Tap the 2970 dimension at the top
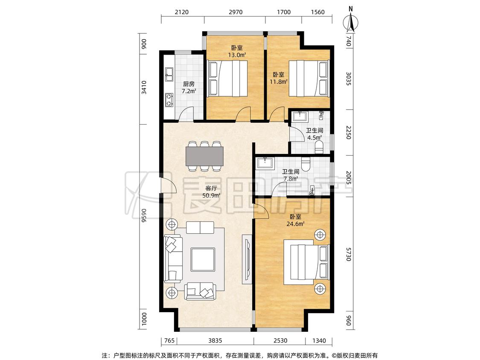click(x=236, y=12)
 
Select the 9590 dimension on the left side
click(x=144, y=216)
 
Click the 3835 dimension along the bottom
click(x=215, y=340)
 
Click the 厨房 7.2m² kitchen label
click(x=189, y=87)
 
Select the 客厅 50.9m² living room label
click(x=211, y=192)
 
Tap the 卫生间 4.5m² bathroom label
click(x=314, y=134)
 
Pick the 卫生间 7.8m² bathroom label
click(x=291, y=175)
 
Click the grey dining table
click(x=204, y=156)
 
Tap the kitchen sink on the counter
click(x=169, y=74)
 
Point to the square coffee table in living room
click(x=203, y=260)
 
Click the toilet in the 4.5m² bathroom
click(x=319, y=147)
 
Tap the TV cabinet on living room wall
click(x=247, y=259)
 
